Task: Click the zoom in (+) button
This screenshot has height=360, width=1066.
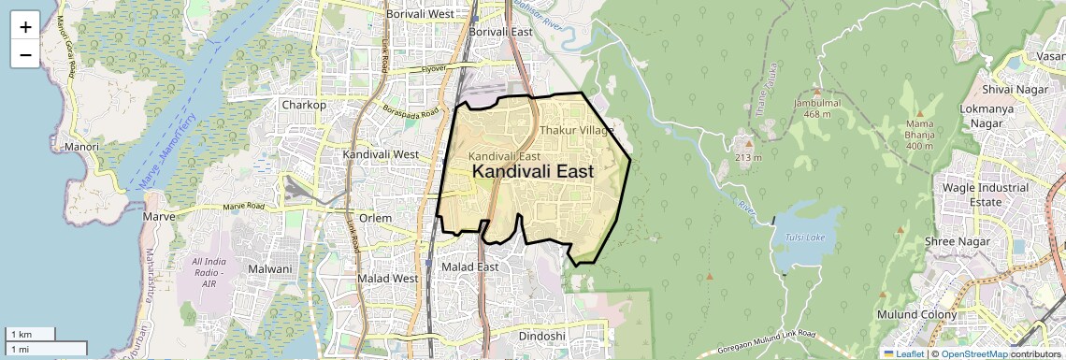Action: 25,26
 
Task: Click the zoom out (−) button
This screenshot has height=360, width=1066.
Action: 25,54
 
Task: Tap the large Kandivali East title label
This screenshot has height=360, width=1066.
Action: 532,172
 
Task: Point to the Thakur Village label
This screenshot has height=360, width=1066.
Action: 576,130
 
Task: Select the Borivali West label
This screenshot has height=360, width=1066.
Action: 420,14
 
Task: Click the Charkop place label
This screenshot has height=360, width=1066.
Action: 304,105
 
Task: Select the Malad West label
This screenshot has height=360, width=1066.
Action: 388,279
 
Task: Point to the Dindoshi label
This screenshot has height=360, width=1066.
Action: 542,336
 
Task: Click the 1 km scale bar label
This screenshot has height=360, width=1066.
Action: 21,334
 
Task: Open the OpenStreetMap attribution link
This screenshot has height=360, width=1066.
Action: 973,353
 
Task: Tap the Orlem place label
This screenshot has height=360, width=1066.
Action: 375,218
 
